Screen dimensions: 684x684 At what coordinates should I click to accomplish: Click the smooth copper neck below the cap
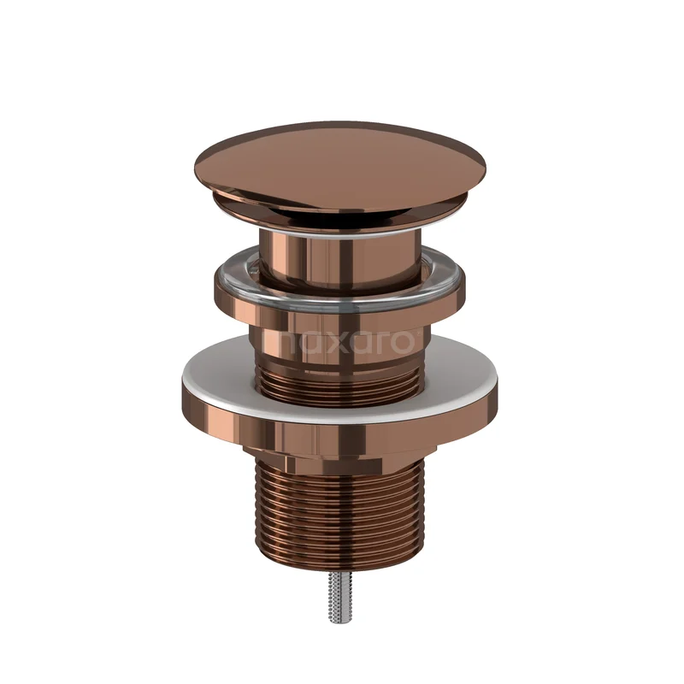point(340,261)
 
